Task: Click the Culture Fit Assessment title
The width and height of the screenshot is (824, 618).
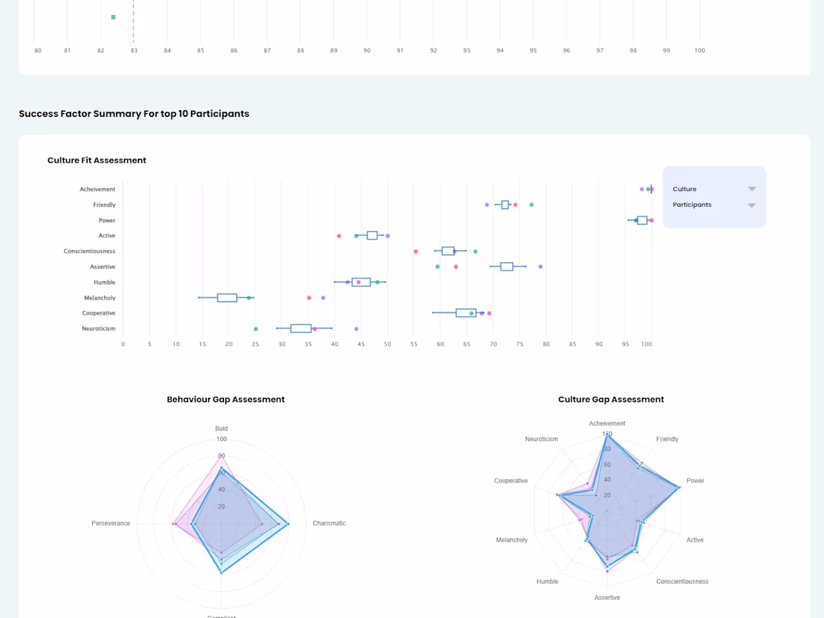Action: point(97,160)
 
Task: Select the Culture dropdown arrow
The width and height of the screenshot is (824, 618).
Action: point(751,189)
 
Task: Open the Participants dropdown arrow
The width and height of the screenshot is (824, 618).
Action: point(751,205)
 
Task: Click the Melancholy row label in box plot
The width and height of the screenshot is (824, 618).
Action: point(100,297)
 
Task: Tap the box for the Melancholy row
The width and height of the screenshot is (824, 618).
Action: point(227,297)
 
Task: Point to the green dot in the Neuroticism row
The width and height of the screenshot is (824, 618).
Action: point(255,329)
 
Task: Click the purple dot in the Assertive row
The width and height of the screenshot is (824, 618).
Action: point(540,267)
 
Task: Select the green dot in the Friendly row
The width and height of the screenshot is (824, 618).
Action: point(531,205)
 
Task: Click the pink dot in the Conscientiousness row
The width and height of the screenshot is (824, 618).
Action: point(416,251)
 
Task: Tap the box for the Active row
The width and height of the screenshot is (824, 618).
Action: point(372,236)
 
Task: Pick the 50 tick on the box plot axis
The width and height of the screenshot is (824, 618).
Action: point(387,345)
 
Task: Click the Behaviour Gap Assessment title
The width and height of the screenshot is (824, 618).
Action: point(225,400)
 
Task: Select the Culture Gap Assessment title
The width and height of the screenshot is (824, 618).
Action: point(611,400)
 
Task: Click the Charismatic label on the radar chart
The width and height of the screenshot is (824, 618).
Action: point(329,524)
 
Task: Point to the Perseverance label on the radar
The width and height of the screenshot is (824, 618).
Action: point(111,524)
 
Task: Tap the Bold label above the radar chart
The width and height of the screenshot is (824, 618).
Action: point(221,428)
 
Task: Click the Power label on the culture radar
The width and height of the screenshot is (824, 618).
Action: point(695,481)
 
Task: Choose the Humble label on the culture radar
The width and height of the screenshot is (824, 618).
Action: point(547,581)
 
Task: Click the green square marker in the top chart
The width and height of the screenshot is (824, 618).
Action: point(113,16)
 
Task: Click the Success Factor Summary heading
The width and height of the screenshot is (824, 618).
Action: point(134,114)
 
